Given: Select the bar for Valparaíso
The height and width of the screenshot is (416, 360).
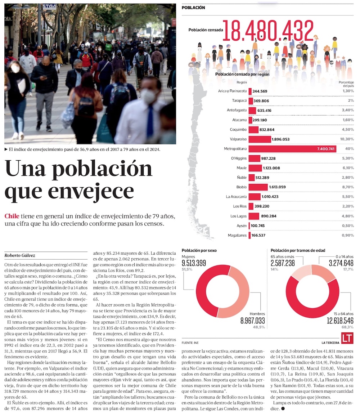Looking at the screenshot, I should point(260,139).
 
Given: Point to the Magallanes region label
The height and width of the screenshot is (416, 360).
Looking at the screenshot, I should point(237,235).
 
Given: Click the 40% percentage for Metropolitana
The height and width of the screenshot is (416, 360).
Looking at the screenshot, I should point(349,149).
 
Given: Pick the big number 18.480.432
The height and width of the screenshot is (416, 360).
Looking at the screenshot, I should point(268,31).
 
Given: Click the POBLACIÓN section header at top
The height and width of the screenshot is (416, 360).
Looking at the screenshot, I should point(194,8).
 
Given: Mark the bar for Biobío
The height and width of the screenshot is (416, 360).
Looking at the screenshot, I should point(258,187).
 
